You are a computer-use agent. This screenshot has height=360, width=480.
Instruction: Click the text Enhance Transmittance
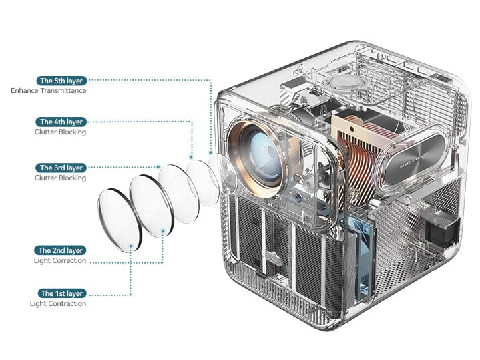(x=49, y=90)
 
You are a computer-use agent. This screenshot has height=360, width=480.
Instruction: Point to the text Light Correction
(x=60, y=261)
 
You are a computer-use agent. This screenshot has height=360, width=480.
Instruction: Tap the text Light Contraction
(x=58, y=304)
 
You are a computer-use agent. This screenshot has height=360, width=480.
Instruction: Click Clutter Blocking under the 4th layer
(x=60, y=132)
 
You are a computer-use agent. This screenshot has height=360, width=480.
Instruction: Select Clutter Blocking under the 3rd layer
(x=60, y=178)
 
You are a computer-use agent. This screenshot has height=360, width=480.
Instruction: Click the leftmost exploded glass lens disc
(x=119, y=219)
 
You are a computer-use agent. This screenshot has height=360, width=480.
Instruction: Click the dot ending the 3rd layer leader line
(x=158, y=167)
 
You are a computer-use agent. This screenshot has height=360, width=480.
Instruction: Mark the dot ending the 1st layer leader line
(x=131, y=246)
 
